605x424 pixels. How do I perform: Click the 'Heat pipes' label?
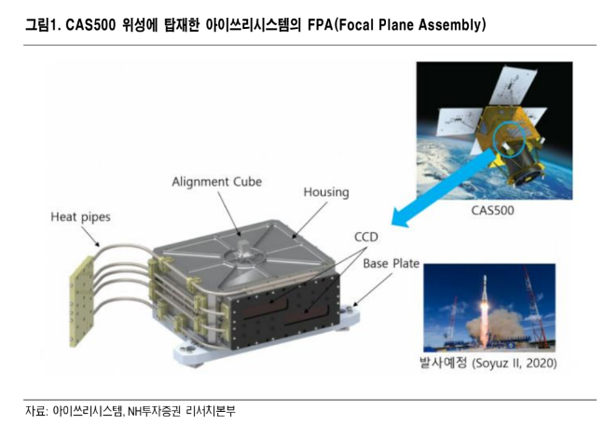click(81, 217)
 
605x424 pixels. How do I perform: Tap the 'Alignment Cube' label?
click(217, 182)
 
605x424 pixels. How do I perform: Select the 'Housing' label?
click(326, 192)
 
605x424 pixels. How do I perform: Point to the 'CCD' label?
click(366, 237)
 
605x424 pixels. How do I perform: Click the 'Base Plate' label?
click(392, 264)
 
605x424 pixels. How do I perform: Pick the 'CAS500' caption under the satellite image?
click(493, 211)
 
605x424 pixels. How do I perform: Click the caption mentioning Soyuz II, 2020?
click(488, 363)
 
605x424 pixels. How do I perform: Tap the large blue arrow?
click(443, 188)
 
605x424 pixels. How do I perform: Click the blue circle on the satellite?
click(509, 139)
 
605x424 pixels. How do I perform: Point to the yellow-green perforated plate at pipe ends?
click(82, 301)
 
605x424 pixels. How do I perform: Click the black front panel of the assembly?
click(284, 311)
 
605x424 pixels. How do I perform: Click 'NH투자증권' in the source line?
click(154, 411)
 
